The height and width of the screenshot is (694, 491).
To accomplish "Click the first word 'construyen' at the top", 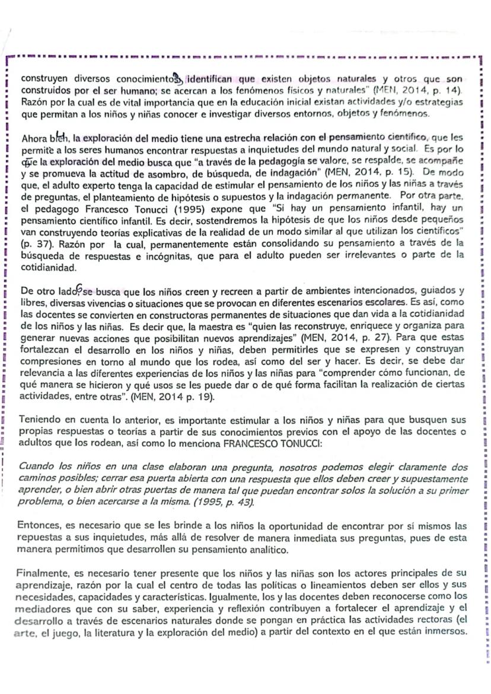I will click(x=43, y=78).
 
